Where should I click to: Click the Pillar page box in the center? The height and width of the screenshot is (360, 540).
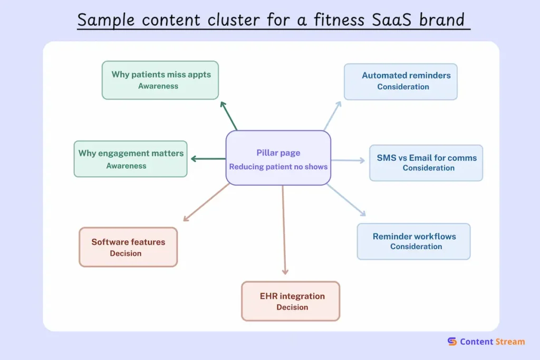(278, 158)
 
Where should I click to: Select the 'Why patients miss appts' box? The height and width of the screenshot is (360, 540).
(160, 80)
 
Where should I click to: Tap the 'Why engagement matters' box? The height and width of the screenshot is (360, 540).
(130, 159)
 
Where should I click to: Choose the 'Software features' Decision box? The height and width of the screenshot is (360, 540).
(128, 247)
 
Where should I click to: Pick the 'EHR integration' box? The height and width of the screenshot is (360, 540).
(291, 301)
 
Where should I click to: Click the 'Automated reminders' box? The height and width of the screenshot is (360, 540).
(400, 81)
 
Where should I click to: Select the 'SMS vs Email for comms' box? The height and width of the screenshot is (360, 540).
(426, 162)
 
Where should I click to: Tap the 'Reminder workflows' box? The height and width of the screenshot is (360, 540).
(413, 241)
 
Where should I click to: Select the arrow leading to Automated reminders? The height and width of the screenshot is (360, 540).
(333, 115)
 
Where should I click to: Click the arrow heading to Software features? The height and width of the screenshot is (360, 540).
(206, 202)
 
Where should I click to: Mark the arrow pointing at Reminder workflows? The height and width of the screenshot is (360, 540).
(346, 200)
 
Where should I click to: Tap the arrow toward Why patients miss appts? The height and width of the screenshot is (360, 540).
(228, 115)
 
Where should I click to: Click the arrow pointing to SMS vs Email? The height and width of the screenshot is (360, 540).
(348, 160)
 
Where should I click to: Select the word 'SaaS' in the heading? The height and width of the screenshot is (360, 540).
(396, 20)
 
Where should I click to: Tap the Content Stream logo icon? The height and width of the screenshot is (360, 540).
(452, 342)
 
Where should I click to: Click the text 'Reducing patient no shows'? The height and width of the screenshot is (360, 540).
(278, 167)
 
